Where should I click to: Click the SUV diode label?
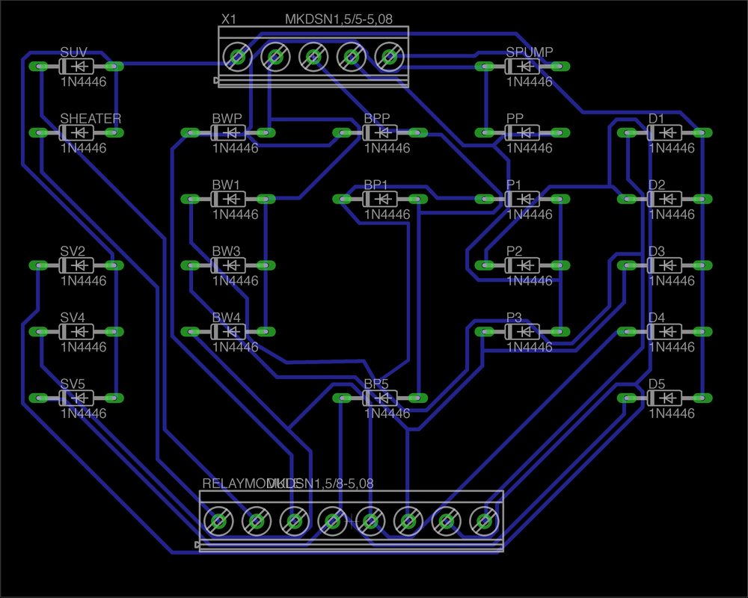pyautogui.click(x=73, y=52)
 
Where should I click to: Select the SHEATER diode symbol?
pyautogui.click(x=76, y=133)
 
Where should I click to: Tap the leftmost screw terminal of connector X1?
pyautogui.click(x=238, y=56)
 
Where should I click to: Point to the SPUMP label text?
pyautogui.click(x=529, y=52)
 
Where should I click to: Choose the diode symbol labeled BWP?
pyautogui.click(x=227, y=133)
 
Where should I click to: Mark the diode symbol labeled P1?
pyautogui.click(x=521, y=199)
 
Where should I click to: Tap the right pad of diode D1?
pyautogui.click(x=702, y=132)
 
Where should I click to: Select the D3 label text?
pyautogui.click(x=656, y=251)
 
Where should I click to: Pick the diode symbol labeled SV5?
pyautogui.click(x=76, y=398)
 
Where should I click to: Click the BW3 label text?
pyautogui.click(x=226, y=251)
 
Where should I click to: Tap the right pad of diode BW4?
pyautogui.click(x=265, y=332)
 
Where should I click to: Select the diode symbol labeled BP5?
pyautogui.click(x=379, y=398)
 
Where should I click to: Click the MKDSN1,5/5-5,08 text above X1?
pyautogui.click(x=339, y=19)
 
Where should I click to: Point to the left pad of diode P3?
pyautogui.click(x=483, y=332)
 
